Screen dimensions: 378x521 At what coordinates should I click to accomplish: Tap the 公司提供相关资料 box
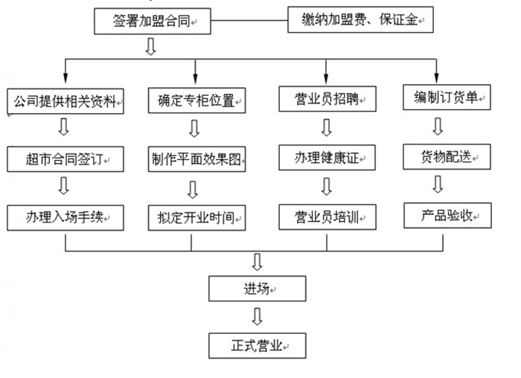pos(65,99)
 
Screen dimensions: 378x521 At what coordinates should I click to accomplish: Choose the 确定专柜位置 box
pos(196,99)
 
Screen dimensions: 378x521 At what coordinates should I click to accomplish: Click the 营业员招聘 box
pos(326,97)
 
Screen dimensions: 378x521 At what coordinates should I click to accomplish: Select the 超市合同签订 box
pos(65,158)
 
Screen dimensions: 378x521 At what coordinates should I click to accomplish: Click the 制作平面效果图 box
pos(196,158)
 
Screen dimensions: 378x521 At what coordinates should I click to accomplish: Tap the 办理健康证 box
pos(326,157)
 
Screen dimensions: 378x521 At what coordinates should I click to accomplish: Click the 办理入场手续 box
pos(65,217)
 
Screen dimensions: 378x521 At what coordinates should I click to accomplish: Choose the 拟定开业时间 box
pos(196,217)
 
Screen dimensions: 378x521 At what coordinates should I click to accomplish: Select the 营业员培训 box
pos(326,217)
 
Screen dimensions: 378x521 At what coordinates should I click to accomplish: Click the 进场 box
pos(257,289)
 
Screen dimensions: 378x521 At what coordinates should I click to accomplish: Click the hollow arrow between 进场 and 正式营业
pos(257,317)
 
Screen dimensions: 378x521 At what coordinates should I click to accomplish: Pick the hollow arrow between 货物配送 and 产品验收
pos(438,185)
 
